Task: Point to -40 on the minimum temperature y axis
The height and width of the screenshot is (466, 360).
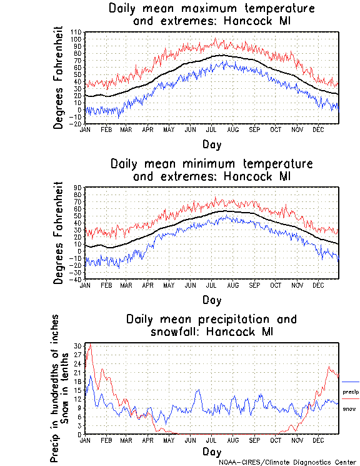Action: pos(77,279)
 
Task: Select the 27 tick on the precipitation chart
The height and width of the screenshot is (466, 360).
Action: pos(79,354)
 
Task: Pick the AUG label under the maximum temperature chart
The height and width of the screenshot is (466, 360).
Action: pos(232,129)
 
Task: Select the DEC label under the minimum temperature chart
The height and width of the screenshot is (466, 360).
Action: pos(317,285)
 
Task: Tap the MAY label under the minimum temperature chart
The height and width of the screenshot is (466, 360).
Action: pos(169,285)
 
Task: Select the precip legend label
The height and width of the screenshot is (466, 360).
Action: pos(351,392)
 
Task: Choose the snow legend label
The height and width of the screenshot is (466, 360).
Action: pos(349,408)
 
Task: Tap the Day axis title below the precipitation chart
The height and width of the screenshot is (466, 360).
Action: pos(211,451)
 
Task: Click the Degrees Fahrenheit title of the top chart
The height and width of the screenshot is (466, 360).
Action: pos(59,77)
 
